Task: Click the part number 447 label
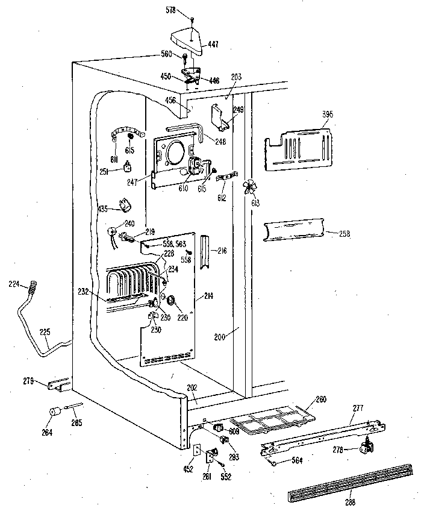coord(214,44)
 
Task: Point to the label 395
coord(327,114)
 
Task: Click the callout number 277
coord(358,409)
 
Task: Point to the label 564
coord(297,461)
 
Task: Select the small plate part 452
coord(196,448)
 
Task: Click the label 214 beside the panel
coord(209,296)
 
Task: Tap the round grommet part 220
coord(171,299)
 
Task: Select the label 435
coord(104,209)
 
